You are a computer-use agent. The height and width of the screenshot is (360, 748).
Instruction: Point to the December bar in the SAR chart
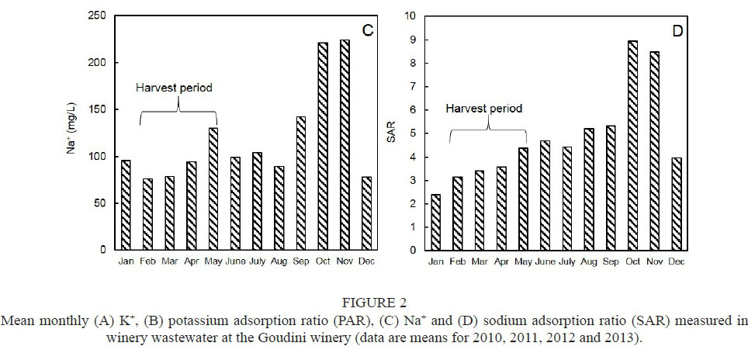[x=676, y=204]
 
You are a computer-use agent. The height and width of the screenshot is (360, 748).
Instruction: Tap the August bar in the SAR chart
[x=588, y=189]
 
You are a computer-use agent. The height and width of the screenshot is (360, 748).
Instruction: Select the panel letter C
[x=368, y=30]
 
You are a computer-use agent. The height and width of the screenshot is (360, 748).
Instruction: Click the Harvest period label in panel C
[x=175, y=88]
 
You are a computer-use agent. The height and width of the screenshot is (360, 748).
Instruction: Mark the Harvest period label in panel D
[x=483, y=108]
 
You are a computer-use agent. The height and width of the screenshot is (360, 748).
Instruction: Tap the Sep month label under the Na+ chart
[x=300, y=261]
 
